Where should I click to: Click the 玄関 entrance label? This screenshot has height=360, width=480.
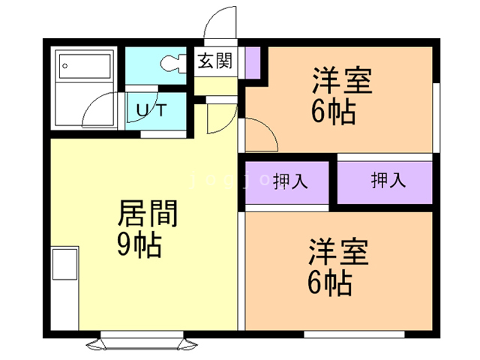(214, 61)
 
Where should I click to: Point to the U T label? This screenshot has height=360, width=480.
(152, 110)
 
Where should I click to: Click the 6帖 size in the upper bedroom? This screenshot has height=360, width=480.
(333, 112)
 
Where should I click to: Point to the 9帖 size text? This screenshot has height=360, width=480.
(139, 246)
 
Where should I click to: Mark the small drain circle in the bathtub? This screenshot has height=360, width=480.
(66, 66)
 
